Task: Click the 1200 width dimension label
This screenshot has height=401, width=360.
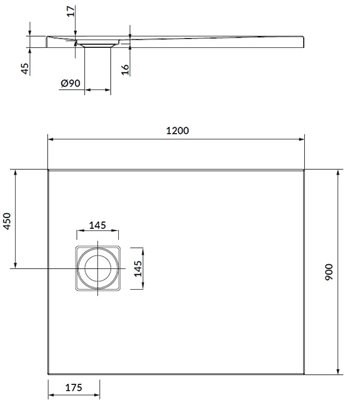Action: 177,131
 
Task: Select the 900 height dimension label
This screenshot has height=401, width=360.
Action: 329,272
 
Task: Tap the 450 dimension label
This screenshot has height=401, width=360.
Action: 7,221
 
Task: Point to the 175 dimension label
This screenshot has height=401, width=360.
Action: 73,387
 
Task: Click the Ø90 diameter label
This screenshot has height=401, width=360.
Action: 71,83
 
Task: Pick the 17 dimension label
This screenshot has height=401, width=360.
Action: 71,12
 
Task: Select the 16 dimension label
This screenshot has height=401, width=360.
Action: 125,69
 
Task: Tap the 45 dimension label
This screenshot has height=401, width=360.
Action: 25,69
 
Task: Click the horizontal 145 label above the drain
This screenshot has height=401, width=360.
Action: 97,225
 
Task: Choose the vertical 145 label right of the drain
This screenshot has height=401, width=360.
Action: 138,268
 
